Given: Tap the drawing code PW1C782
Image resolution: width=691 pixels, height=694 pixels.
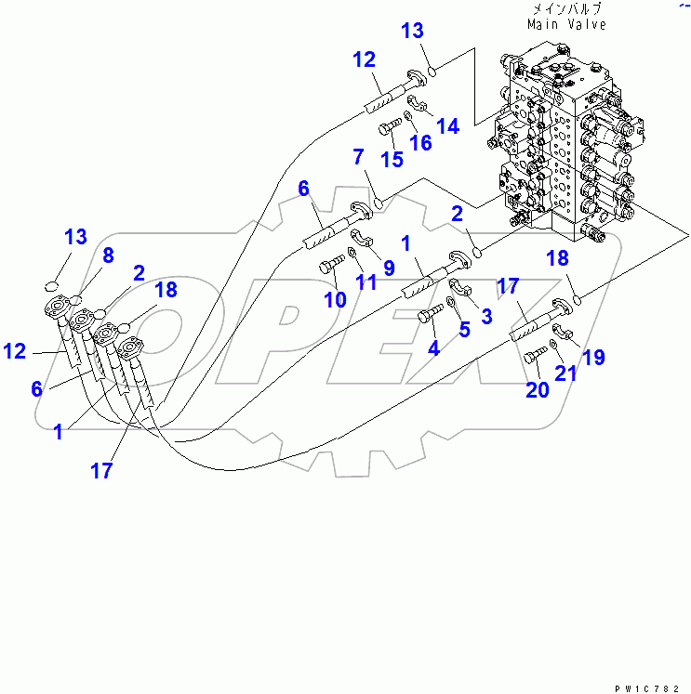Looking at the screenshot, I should click(647, 686).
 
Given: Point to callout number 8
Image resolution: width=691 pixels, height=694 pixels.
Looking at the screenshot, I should click(108, 254).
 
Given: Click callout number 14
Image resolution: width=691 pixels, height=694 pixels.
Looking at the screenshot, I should click(448, 125).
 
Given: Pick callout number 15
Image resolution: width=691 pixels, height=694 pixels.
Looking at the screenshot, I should click(391, 159).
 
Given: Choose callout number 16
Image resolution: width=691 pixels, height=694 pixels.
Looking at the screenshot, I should click(421, 142).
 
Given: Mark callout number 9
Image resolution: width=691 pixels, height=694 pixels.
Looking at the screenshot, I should click(389, 268).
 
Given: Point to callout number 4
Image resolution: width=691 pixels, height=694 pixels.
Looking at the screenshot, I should click(432, 348).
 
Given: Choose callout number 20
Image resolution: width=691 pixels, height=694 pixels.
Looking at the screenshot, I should click(538, 389).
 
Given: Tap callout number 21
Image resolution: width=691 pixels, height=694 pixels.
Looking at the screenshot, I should click(566, 373).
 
